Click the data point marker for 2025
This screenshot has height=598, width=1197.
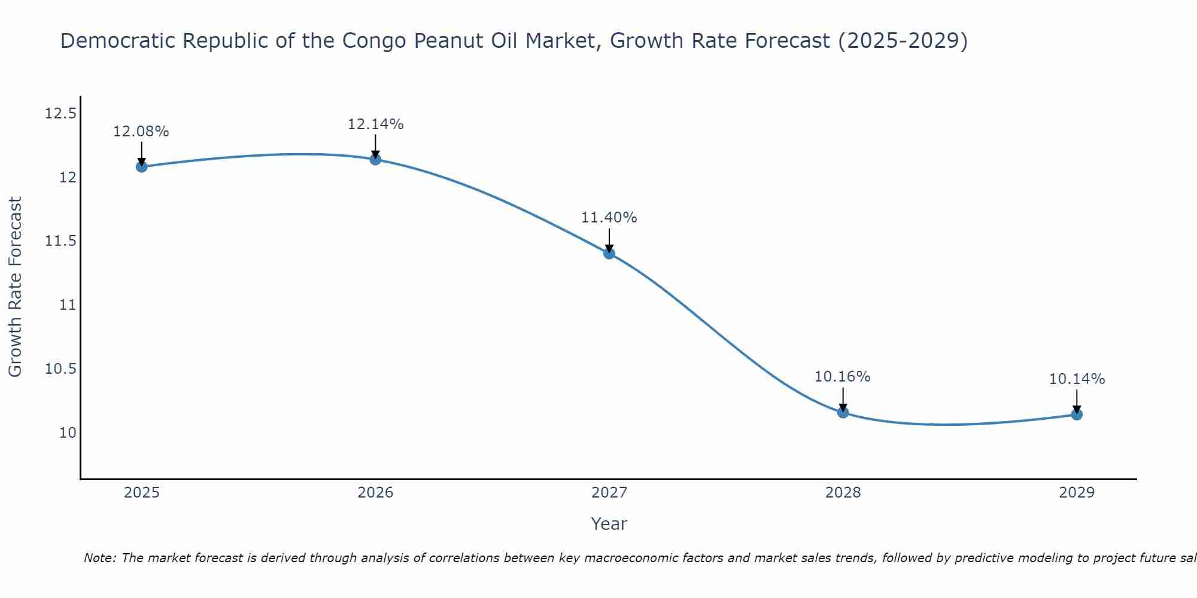[x=141, y=166]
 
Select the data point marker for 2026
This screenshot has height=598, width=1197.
[x=375, y=159]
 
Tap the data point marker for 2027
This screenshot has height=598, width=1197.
[x=609, y=253]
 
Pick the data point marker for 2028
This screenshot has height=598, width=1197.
[x=843, y=412]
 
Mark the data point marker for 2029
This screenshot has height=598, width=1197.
[x=1077, y=414]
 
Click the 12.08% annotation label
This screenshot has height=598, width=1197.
[x=141, y=132]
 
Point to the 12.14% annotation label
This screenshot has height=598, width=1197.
[x=375, y=124]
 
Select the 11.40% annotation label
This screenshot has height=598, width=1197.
[x=609, y=218]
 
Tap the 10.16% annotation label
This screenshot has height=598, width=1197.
[x=843, y=377]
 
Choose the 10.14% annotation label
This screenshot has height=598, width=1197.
[x=1077, y=379]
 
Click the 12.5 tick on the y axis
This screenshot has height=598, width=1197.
[x=60, y=113]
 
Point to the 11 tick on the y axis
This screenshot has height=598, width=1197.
[x=68, y=305]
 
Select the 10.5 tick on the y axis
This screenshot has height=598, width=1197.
[x=60, y=369]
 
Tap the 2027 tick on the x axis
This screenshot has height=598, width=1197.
[x=609, y=493]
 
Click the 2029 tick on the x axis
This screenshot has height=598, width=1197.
[x=1077, y=493]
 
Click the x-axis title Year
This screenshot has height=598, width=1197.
[x=609, y=524]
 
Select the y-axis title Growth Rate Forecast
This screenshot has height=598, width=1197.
[x=16, y=287]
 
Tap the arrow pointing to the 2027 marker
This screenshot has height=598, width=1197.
[x=609, y=240]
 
